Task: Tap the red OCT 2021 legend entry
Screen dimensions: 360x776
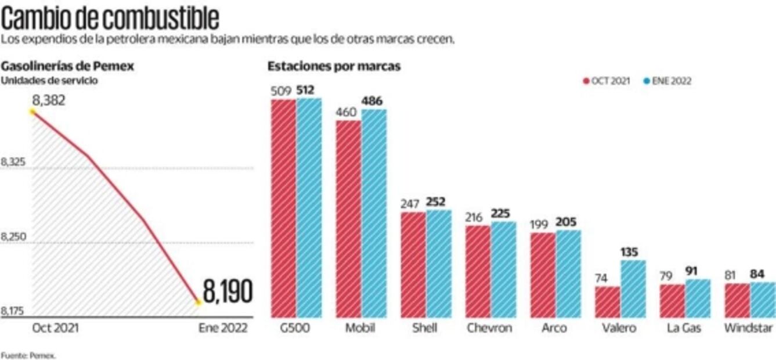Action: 606,81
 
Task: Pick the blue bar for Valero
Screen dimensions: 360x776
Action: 633,289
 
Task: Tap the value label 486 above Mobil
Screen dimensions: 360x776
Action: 371,101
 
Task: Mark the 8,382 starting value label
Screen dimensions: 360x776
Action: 49,101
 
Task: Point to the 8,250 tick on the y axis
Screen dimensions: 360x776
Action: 13,237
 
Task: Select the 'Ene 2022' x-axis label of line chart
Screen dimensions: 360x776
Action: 223,328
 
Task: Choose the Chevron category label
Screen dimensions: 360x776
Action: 489,328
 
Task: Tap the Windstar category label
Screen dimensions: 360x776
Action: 748,328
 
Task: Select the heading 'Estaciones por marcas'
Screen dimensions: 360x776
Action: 334,66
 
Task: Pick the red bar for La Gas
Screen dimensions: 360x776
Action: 672,301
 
